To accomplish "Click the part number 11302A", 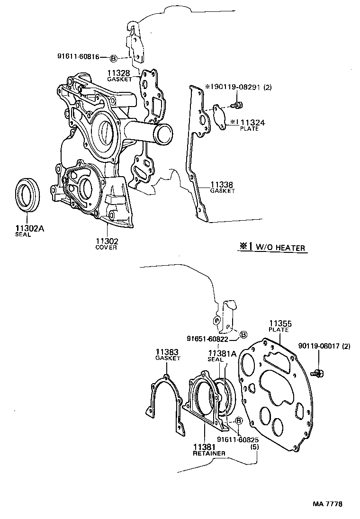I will click(x=29, y=228).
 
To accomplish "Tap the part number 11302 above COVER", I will click(x=107, y=241).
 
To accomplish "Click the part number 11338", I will click(x=222, y=184).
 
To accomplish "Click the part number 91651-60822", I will click(x=207, y=339).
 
